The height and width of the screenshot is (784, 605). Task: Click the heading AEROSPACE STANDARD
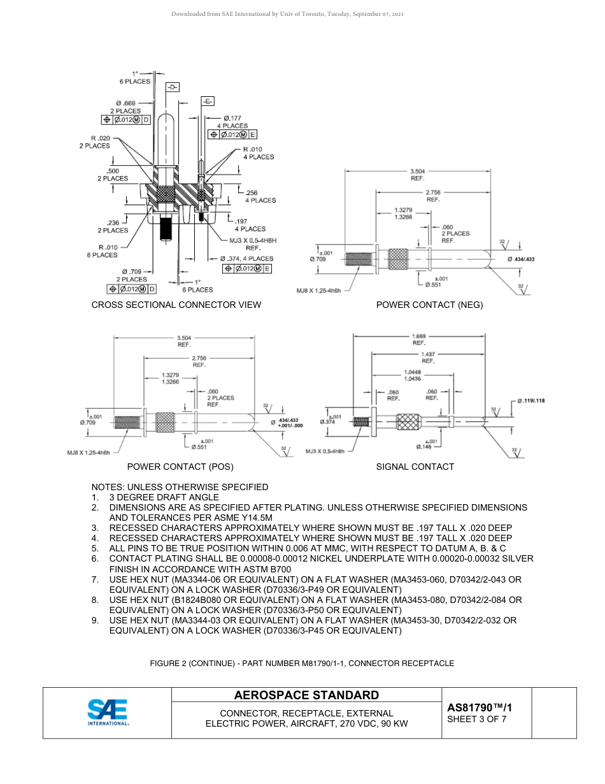click(x=306, y=695)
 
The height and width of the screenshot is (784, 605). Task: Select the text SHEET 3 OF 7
click(x=477, y=720)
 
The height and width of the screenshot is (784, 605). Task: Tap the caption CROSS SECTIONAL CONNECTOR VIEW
click(x=176, y=305)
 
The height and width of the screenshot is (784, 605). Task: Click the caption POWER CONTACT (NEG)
click(x=429, y=305)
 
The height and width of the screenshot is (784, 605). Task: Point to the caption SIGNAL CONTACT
click(x=415, y=467)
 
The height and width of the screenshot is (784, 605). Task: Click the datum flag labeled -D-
click(x=173, y=86)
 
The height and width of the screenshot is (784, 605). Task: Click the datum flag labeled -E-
click(x=208, y=101)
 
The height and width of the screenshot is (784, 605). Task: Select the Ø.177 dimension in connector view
click(x=232, y=118)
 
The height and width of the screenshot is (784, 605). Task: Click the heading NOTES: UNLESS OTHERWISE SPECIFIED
click(x=180, y=487)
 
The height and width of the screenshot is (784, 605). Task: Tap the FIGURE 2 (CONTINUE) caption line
click(x=302, y=664)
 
